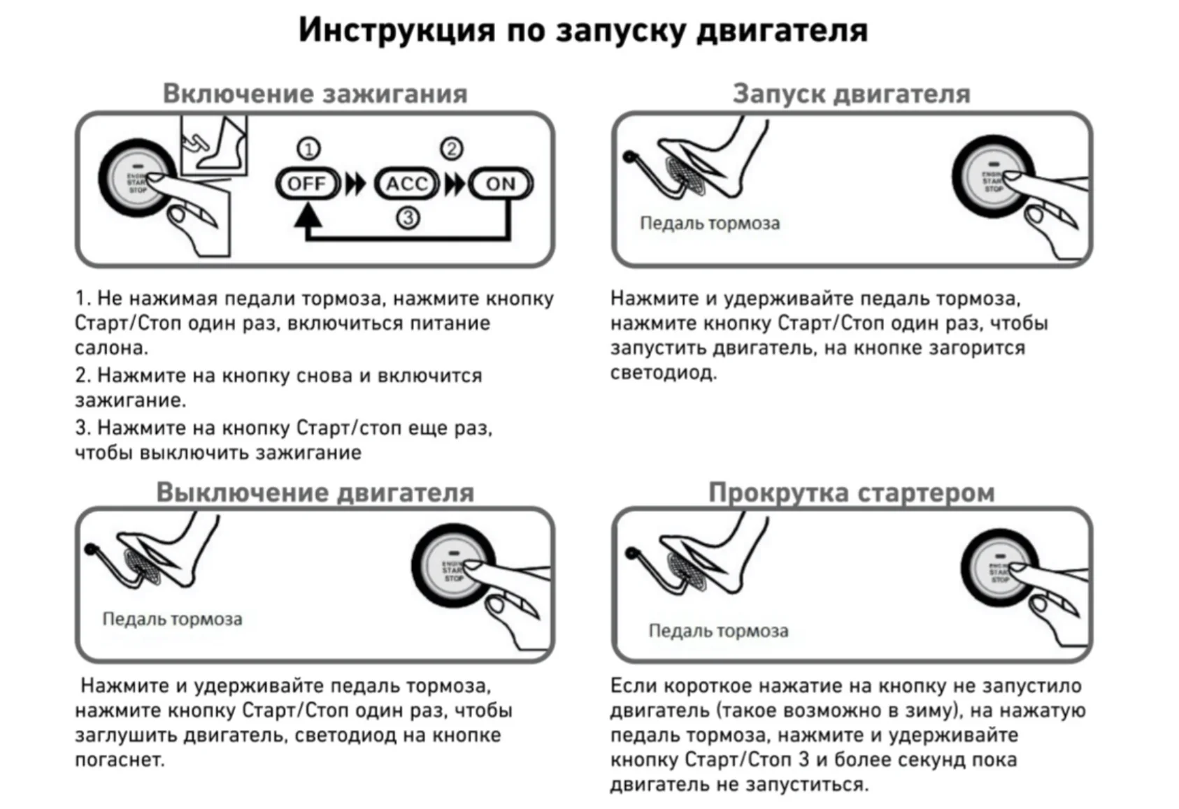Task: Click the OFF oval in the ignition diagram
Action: tap(307, 184)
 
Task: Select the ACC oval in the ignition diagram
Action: tap(406, 184)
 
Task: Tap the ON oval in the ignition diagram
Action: tap(501, 184)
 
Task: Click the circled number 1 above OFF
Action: tap(308, 149)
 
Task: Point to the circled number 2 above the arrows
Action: tap(452, 149)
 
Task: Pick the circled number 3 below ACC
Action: tap(408, 217)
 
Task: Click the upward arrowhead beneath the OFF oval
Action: tap(308, 216)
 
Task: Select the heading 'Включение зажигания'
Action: tap(315, 94)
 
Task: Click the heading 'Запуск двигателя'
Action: tap(851, 94)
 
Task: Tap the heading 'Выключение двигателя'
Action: tap(315, 492)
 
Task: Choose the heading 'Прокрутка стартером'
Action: tap(851, 492)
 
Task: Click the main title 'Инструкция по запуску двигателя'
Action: tap(583, 30)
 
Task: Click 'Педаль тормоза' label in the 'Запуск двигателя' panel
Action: tap(709, 224)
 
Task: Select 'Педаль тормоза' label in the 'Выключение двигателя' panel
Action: tap(172, 619)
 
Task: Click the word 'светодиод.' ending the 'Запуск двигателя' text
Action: tap(663, 372)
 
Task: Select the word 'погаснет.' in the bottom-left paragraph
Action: tap(120, 759)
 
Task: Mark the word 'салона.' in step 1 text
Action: tap(111, 348)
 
